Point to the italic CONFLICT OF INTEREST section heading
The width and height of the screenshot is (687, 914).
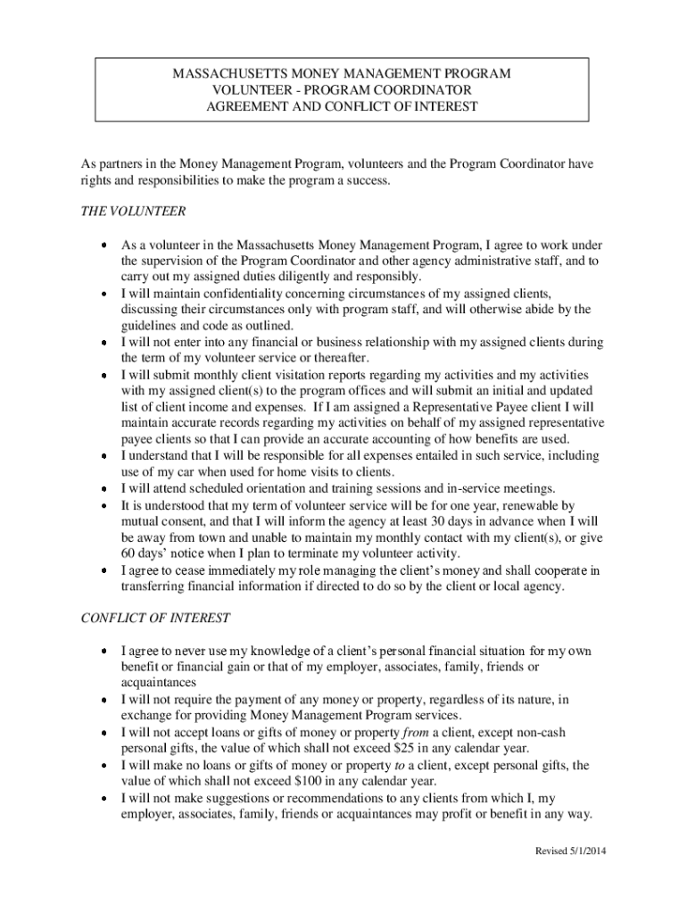pyautogui.click(x=156, y=618)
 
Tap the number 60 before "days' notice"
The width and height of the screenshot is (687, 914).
pyautogui.click(x=129, y=553)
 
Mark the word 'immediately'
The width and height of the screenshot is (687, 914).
pyautogui.click(x=236, y=569)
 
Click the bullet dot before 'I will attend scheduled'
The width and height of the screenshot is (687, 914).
pyautogui.click(x=104, y=488)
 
